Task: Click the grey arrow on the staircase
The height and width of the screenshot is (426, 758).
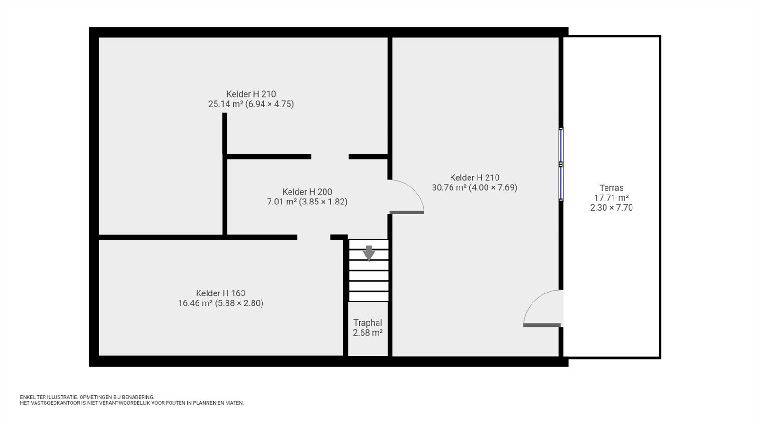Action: [x=369, y=253]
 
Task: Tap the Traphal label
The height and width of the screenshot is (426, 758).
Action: [x=368, y=323]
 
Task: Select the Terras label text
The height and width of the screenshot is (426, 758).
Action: [x=611, y=187]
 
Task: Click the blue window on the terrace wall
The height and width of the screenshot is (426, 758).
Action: [x=561, y=164]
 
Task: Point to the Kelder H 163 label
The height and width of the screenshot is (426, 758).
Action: [x=221, y=293]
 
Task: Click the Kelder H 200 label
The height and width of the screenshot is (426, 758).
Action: [x=307, y=192]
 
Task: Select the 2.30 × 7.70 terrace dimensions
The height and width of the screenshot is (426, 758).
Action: [x=612, y=208]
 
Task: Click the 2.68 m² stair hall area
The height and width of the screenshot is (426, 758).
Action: [x=368, y=333]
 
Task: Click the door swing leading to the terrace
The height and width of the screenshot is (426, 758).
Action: [x=542, y=308]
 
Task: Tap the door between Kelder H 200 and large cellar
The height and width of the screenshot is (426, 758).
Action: [x=406, y=196]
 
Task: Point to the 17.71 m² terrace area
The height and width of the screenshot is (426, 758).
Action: [x=612, y=197]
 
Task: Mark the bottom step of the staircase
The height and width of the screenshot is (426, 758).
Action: [x=369, y=296]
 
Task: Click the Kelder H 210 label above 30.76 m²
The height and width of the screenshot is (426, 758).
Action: [x=474, y=177]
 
